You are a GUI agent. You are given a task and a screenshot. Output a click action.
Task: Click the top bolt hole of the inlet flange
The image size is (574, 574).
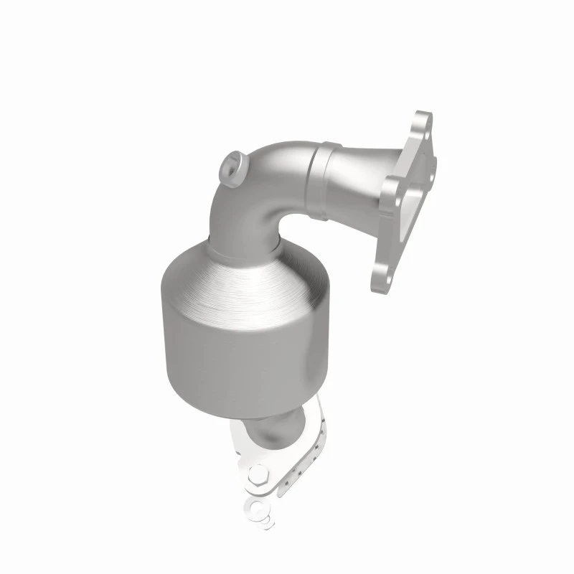[425, 128]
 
